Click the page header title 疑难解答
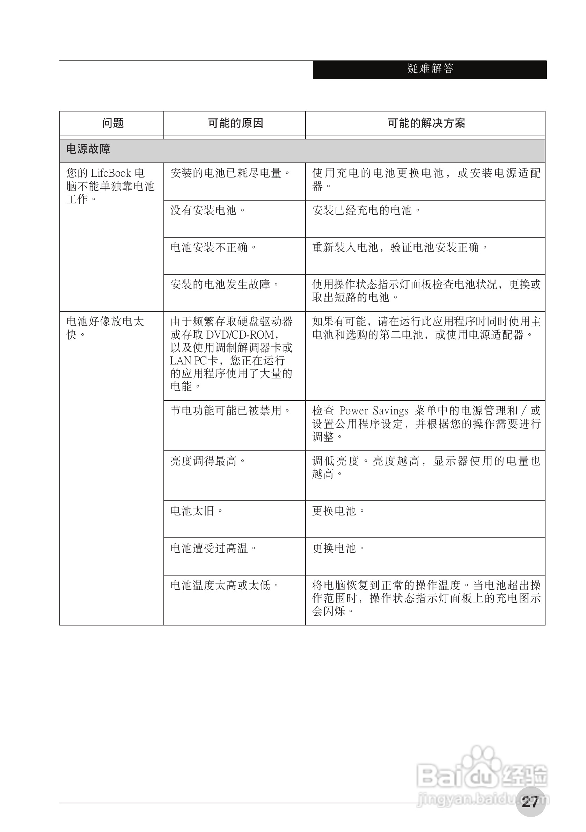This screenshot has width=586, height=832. tap(430, 68)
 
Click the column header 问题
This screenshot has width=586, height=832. tap(113, 123)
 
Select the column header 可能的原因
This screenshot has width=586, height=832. tap(235, 123)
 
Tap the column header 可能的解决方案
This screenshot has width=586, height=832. tap(426, 123)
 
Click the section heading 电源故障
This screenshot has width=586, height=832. tap(88, 149)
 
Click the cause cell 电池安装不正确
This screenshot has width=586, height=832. tap(214, 247)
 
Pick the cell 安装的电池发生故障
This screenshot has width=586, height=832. tap(225, 284)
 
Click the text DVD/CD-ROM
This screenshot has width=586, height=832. tap(240, 334)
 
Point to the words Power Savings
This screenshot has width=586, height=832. tap(374, 411)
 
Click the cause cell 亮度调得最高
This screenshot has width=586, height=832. tap(208, 461)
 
